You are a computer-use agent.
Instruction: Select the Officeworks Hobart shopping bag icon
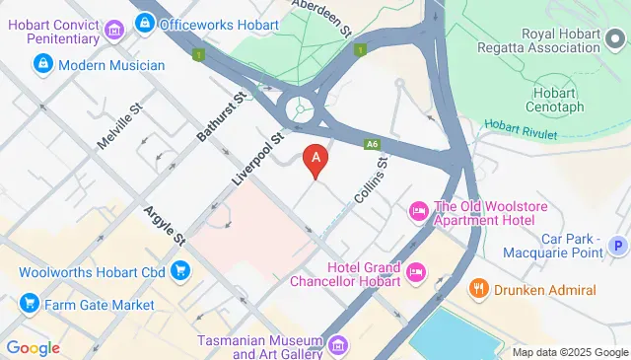click(x=145, y=20)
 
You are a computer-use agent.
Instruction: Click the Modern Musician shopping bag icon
click(x=42, y=65)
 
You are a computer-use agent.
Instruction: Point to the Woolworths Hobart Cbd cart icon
click(x=179, y=269)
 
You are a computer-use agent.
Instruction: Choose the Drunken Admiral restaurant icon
click(x=478, y=289)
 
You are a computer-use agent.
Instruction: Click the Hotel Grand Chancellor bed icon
click(x=416, y=270)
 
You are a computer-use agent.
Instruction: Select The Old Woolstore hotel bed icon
click(x=418, y=210)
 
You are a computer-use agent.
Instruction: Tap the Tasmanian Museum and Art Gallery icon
click(x=339, y=344)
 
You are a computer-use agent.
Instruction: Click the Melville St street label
click(x=120, y=129)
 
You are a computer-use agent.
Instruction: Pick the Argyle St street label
click(x=164, y=226)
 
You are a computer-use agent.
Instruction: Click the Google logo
click(x=33, y=347)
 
